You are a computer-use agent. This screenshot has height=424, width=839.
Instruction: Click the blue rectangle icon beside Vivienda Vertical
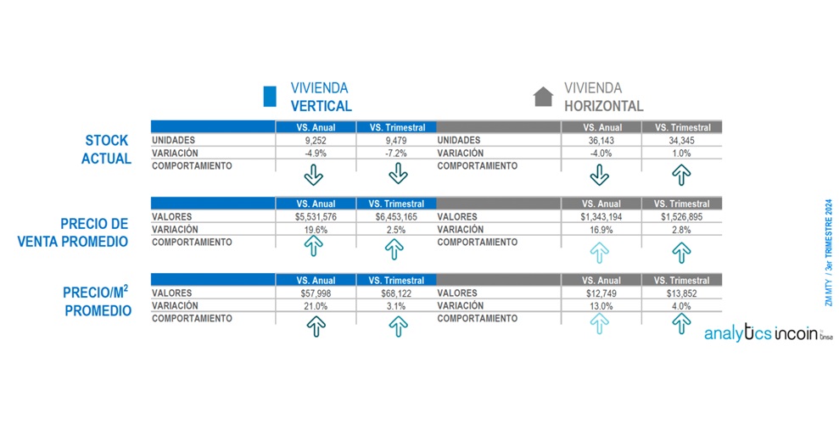pyautogui.click(x=271, y=97)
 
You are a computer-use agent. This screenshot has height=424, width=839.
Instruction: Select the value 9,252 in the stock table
pyautogui.click(x=314, y=140)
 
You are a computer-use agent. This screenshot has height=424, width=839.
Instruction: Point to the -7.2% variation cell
pyautogui.click(x=397, y=153)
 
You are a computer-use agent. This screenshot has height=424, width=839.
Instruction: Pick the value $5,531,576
pyautogui.click(x=314, y=217)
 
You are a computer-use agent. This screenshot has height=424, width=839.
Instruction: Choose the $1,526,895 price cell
pyautogui.click(x=682, y=217)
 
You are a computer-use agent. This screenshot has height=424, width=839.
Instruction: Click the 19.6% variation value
pyautogui.click(x=314, y=229)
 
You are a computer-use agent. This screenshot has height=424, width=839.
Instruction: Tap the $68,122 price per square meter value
pyautogui.click(x=397, y=293)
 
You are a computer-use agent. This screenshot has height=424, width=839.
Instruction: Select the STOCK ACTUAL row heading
pyautogui.click(x=107, y=149)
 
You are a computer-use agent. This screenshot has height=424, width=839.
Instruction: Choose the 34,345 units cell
pyautogui.click(x=682, y=140)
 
